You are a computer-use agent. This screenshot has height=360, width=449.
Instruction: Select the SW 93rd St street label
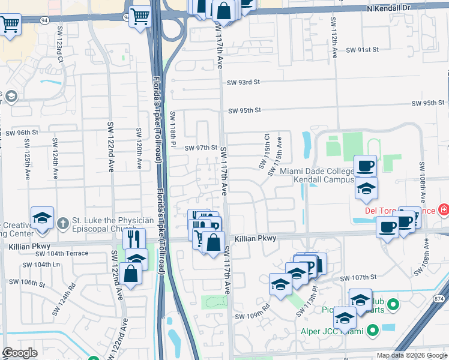(243, 82)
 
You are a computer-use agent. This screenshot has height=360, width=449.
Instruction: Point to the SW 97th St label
(200, 148)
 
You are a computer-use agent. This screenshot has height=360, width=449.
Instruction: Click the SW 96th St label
(22, 132)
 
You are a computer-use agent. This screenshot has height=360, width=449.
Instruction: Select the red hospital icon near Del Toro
(443, 209)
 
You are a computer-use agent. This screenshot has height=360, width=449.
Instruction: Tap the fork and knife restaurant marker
(134, 238)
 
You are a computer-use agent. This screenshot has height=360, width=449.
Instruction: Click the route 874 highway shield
(439, 298)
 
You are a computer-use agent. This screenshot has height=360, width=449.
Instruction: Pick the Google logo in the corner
(20, 353)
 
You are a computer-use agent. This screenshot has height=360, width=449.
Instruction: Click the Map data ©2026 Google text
(412, 355)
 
